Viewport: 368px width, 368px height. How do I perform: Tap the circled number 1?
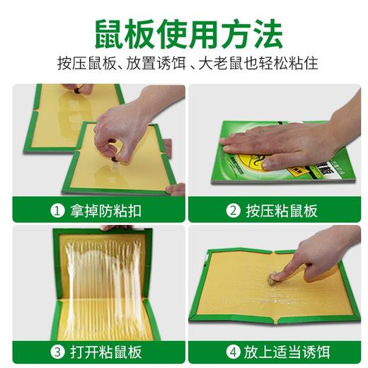[58, 210]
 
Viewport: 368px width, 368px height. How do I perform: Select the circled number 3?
[58, 352]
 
